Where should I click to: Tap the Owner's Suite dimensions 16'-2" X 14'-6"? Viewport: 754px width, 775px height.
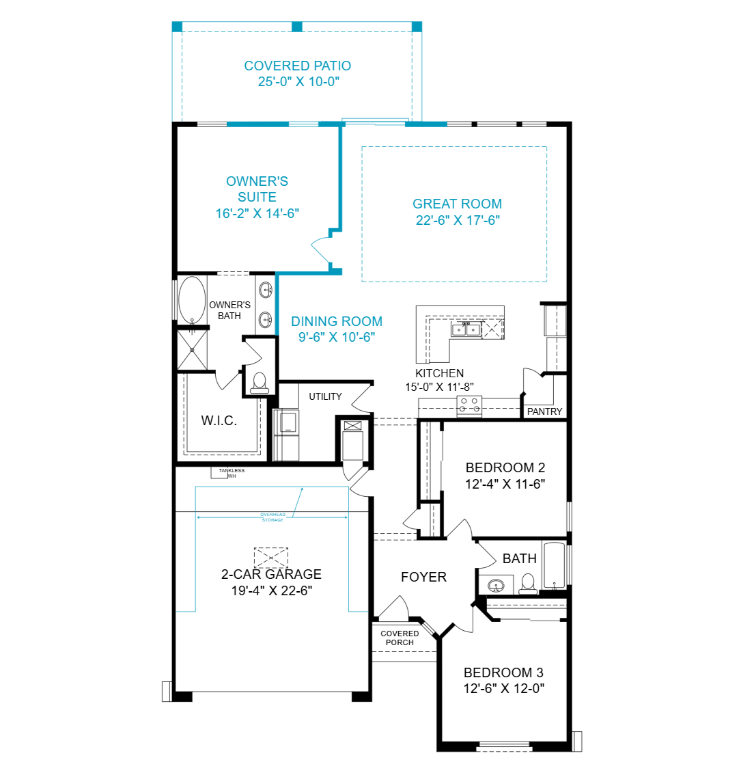point(257,213)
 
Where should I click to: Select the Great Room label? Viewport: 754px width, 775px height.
point(457,204)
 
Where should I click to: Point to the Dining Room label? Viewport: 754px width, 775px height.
point(337,321)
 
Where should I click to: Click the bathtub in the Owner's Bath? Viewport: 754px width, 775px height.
point(192,300)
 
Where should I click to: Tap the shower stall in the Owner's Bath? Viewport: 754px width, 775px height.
point(192,349)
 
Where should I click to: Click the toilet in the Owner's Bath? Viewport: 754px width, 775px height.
point(260,383)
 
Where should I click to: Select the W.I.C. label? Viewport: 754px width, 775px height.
point(219,420)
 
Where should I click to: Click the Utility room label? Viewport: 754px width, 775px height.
point(325,396)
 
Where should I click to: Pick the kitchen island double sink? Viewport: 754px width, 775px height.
point(466,329)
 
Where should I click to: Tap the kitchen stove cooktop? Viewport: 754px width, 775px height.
point(469,405)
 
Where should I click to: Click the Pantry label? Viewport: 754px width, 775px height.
point(544,411)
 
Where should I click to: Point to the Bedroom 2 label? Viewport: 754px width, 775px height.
point(505,467)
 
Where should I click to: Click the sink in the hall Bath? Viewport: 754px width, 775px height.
point(496,586)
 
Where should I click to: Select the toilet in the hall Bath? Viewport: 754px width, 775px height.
point(528,584)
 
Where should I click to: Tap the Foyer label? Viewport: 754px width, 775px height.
point(423,577)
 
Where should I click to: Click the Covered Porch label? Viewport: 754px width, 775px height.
point(400,638)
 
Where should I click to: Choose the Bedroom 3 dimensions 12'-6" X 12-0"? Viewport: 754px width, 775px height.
point(503,688)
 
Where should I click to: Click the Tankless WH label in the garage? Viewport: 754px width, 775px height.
point(232,473)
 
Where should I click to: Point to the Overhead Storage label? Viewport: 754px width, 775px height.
point(273,517)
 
